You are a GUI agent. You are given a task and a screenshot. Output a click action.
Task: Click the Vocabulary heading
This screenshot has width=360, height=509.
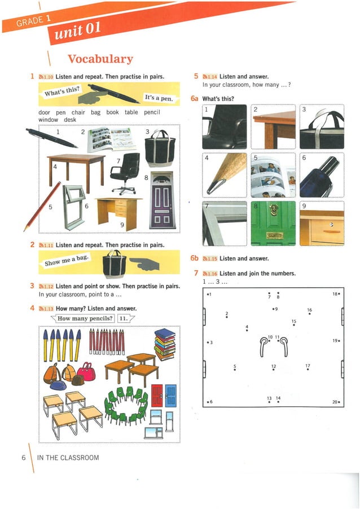click(100, 59)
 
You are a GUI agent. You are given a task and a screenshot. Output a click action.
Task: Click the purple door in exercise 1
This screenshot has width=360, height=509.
click(162, 200)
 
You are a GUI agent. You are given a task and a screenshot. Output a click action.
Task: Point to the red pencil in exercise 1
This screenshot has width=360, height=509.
click(42, 205)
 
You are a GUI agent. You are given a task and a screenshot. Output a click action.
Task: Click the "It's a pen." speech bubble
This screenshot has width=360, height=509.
click(159, 98)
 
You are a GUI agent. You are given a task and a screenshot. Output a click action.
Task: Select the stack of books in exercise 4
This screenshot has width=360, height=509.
click(165, 344)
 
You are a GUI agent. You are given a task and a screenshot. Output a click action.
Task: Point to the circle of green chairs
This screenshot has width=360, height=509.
click(125, 405)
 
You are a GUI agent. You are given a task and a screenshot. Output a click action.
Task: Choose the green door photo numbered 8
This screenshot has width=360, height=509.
click(273, 223)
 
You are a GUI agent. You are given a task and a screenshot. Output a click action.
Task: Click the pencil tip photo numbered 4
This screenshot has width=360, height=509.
click(225, 174)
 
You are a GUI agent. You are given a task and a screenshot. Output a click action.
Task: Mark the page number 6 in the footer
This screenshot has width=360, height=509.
click(24, 458)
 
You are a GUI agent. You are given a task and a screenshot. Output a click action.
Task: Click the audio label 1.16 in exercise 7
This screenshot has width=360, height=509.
click(209, 274)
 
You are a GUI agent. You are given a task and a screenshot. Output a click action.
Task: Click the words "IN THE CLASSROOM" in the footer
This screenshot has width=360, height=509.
click(68, 458)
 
